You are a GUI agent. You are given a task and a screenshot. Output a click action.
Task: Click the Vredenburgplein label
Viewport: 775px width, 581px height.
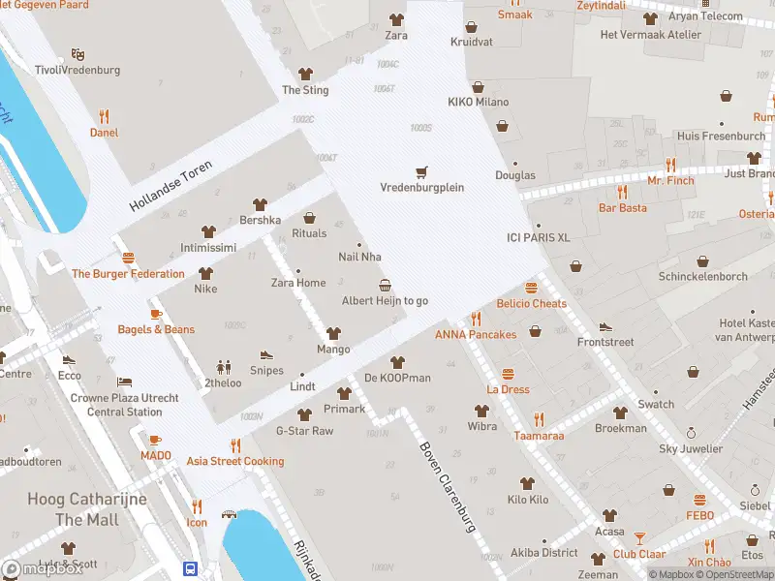tap(421, 188)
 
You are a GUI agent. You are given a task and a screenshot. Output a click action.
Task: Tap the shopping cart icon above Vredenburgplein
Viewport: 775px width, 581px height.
tap(421, 172)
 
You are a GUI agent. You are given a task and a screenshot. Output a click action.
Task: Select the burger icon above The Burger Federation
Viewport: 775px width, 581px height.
tap(128, 258)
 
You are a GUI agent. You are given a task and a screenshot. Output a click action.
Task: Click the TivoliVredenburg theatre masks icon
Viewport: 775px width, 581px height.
tap(77, 55)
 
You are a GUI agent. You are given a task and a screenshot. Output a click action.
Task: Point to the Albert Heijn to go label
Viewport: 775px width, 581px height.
tap(385, 301)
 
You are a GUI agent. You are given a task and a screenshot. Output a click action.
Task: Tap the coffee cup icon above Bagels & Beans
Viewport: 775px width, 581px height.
tap(156, 314)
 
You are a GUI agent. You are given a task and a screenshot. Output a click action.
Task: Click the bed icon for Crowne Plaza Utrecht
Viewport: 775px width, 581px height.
tap(124, 382)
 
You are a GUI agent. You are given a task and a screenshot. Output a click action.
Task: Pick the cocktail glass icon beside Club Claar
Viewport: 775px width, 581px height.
tap(639, 537)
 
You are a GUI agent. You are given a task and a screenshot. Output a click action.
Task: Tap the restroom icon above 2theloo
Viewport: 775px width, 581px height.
tap(225, 367)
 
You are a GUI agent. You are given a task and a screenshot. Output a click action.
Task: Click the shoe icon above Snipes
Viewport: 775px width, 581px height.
tap(266, 355)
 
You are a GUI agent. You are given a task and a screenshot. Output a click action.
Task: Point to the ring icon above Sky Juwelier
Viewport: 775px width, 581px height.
tap(691, 433)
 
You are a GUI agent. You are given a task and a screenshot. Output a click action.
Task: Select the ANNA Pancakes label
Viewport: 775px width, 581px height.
tap(475, 335)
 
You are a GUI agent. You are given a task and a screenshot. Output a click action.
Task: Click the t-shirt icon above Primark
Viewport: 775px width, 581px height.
tap(344, 393)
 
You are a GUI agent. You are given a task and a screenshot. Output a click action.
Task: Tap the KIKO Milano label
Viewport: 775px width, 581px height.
tap(478, 102)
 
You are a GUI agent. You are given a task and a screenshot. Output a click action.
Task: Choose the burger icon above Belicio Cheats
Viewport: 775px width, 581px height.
tap(531, 288)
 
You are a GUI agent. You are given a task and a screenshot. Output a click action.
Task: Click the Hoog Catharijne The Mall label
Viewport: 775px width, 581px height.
tap(87, 509)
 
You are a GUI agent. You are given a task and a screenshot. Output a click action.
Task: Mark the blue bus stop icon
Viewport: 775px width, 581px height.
tap(191, 568)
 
